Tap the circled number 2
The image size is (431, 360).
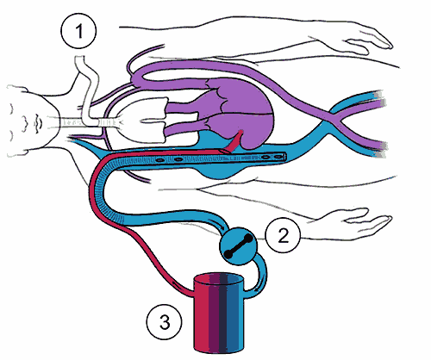pos(283,235)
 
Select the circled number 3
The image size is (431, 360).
pos(164,321)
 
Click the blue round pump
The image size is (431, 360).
pos(239,246)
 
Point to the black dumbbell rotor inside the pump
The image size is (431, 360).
pos(239,246)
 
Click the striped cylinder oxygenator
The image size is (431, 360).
pos(219,313)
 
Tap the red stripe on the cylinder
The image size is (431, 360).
pos(201,313)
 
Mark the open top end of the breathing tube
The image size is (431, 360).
pos(80,59)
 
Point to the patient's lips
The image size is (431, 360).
pos(38,123)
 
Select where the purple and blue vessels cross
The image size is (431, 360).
pos(335,118)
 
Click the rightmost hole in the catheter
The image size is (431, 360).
pos(278,157)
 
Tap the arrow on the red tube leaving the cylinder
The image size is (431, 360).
pos(174,283)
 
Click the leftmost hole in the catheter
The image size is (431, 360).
pos(159,160)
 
